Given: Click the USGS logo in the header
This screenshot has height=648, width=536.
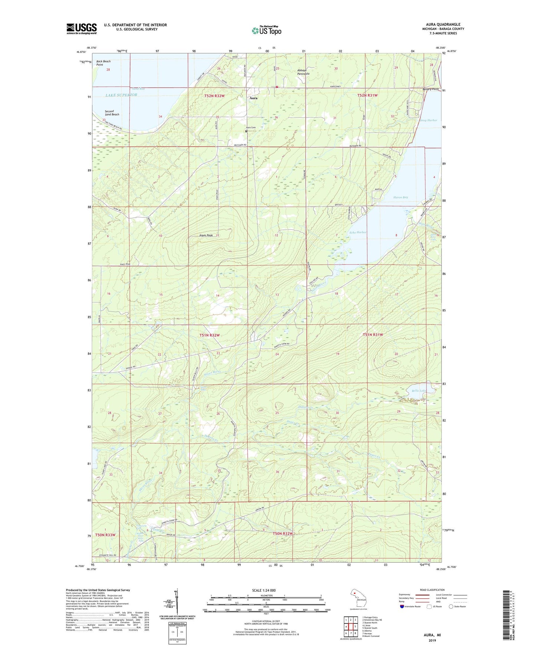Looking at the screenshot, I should (81, 29).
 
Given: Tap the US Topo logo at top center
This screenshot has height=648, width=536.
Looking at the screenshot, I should (266, 30).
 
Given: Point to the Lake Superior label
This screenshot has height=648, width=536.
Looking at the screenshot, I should (121, 95).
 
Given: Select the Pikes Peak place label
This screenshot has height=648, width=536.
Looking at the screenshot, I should (206, 235).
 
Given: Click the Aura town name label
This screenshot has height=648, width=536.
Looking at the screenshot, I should (253, 98).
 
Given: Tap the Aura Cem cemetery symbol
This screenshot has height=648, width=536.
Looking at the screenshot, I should (246, 131).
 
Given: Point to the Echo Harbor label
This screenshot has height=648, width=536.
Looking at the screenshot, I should (358, 232).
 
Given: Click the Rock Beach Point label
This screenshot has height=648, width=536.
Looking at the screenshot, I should (103, 63).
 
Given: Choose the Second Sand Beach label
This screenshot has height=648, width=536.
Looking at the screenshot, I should (112, 113).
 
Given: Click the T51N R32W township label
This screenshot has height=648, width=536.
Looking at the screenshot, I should (210, 335).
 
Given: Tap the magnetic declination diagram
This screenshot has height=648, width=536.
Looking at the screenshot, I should (177, 604).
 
